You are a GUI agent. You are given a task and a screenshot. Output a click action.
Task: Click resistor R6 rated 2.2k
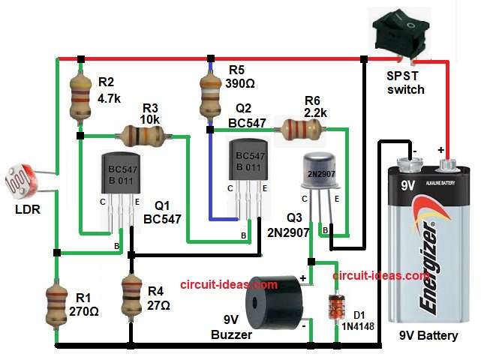click(299, 129)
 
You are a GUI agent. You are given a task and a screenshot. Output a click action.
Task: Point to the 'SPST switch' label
click(405, 82)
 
